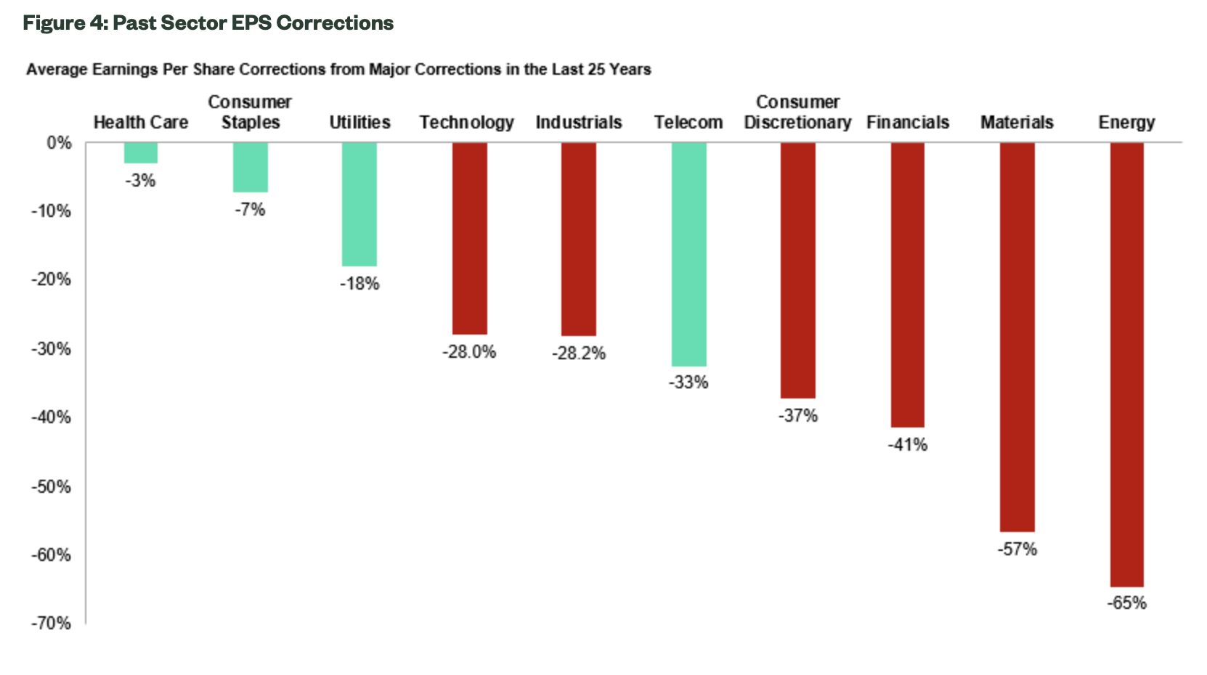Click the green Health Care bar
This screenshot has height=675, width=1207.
[x=141, y=152]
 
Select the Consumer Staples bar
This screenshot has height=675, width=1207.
[x=251, y=167]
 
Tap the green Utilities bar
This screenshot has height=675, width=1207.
[x=359, y=204]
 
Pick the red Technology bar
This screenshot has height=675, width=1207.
[x=469, y=238]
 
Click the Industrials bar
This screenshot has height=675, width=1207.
[x=579, y=239]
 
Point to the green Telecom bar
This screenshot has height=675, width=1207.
[x=688, y=254]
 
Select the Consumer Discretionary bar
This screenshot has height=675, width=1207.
[x=798, y=270]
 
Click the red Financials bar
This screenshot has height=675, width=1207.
[x=907, y=285]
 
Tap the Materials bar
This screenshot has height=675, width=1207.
[x=1017, y=337]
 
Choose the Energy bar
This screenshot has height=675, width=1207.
[x=1126, y=364]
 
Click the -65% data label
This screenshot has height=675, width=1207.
[x=1126, y=603]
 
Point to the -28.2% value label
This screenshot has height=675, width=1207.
[x=579, y=353]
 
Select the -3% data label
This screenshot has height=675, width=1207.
[x=141, y=181]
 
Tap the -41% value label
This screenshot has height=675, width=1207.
[x=907, y=445]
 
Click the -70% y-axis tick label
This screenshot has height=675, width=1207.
[x=51, y=623]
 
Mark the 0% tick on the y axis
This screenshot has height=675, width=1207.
[x=59, y=143]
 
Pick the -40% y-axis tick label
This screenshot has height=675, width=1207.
[x=51, y=417]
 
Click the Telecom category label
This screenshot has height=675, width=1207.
[x=688, y=123]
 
